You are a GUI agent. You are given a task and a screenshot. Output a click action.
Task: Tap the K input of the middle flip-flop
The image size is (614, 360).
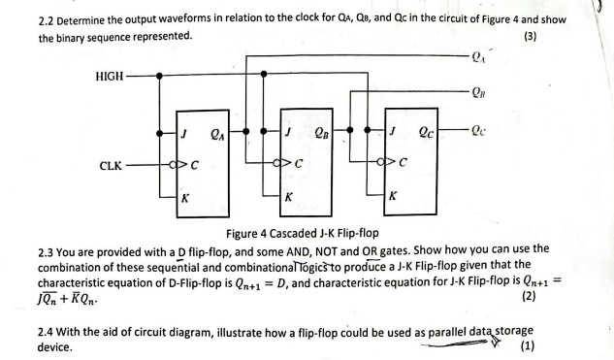[x=288, y=197]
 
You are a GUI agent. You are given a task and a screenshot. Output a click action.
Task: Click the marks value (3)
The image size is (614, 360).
[x=530, y=37]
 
